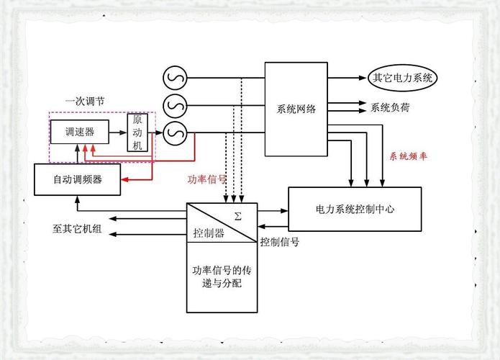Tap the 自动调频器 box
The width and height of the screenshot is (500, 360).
[x=77, y=179]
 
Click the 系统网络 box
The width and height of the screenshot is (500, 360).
[x=296, y=109]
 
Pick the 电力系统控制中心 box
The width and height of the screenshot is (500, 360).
[x=355, y=209]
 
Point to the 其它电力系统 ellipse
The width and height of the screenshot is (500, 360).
[x=401, y=77]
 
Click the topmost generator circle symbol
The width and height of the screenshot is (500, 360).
[x=173, y=76]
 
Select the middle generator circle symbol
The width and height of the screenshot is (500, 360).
[x=173, y=104]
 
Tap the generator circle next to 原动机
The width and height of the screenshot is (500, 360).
[x=173, y=132]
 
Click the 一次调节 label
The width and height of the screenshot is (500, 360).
[x=84, y=102]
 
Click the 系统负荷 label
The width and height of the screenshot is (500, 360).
[x=391, y=108]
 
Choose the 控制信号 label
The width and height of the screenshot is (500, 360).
[x=280, y=242]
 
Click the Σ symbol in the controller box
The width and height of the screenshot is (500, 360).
[x=238, y=215]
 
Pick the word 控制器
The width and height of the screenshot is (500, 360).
[x=209, y=233]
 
